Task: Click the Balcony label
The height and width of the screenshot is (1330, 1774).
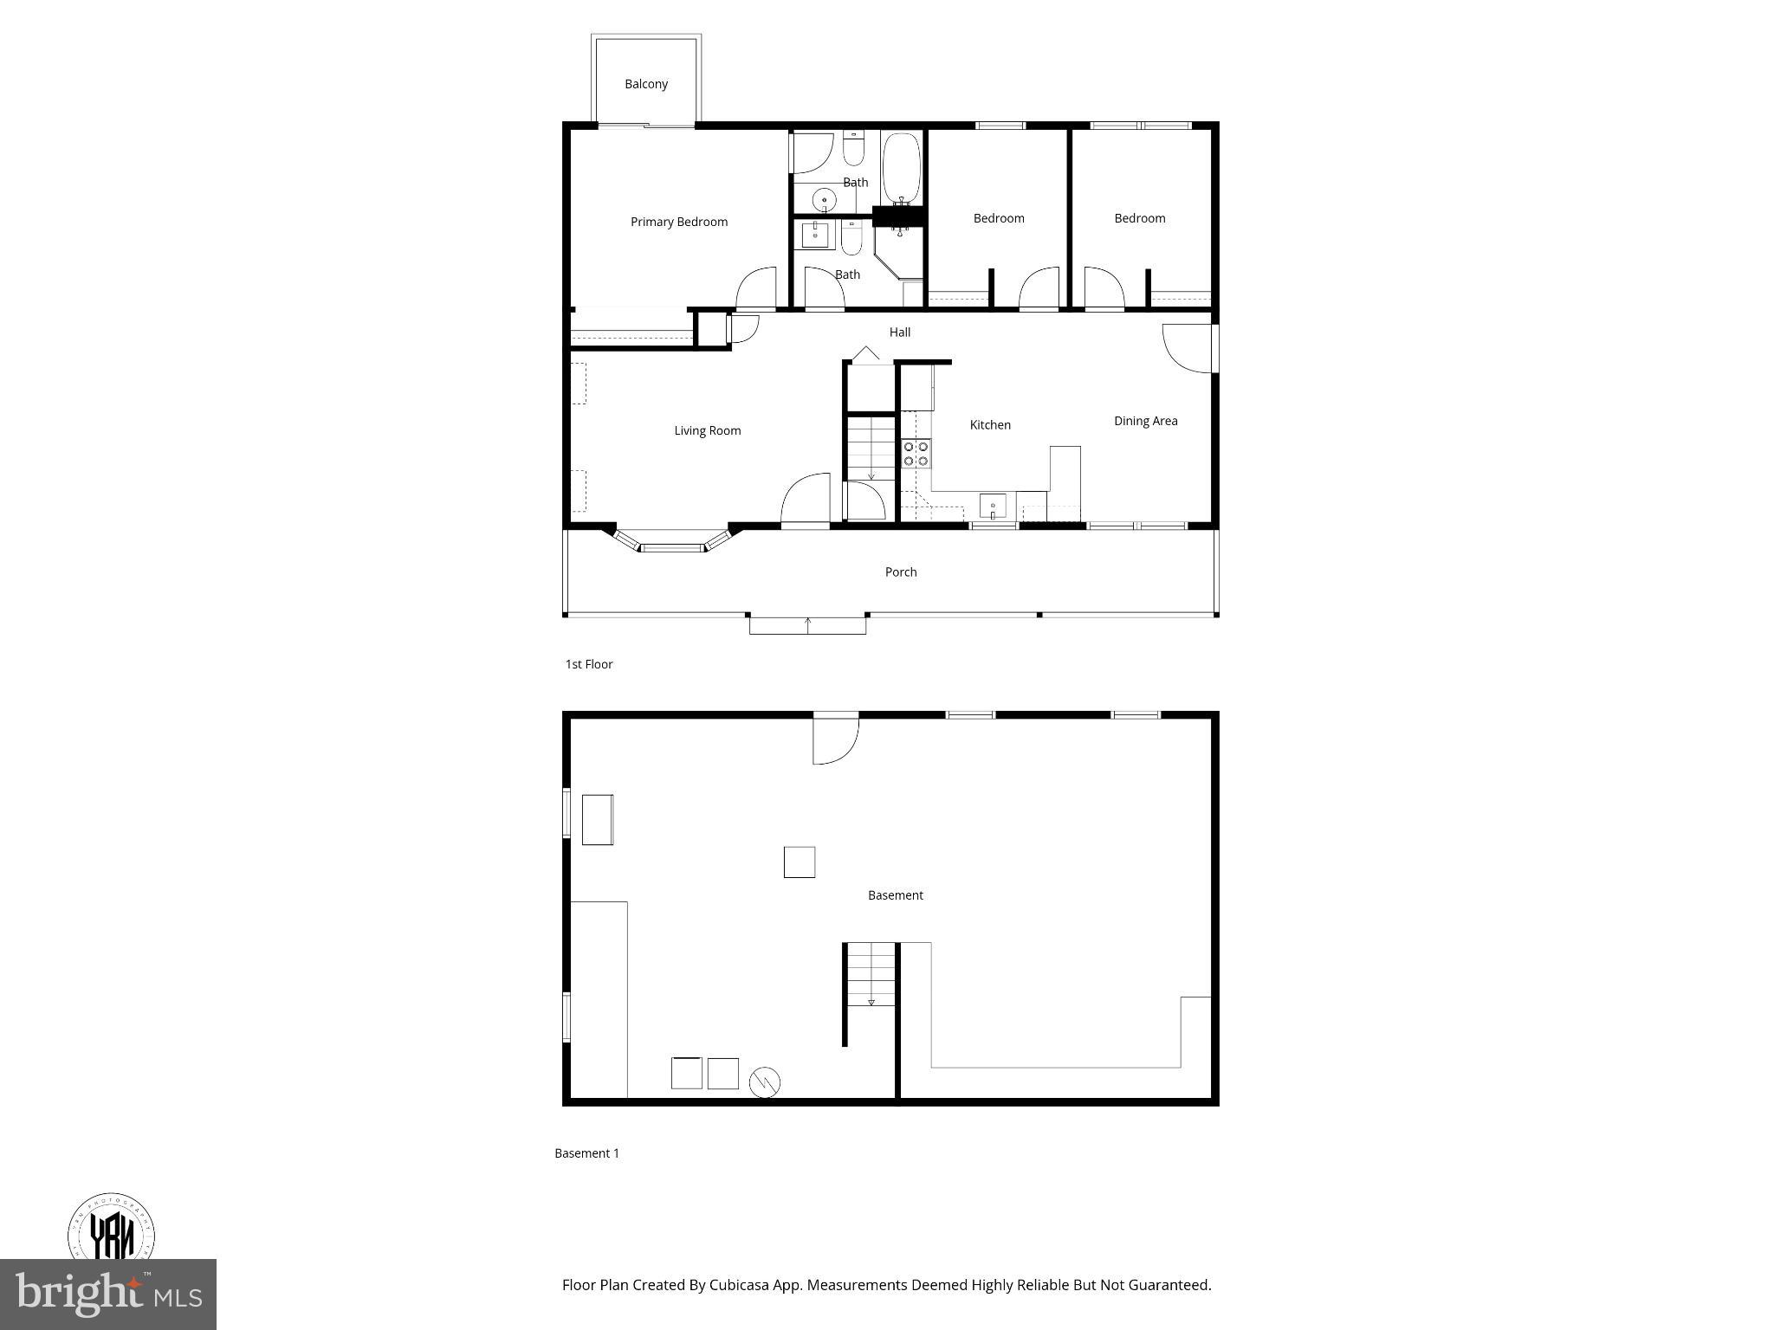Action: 646,84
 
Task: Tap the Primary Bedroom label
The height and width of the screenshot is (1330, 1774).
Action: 678,222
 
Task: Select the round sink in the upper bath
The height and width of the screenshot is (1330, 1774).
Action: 824,201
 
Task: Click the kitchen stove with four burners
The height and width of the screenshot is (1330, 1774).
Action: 916,454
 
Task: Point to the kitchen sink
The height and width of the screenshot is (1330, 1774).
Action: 993,506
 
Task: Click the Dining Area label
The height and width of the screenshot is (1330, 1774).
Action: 1145,421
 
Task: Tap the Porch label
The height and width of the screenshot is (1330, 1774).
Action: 900,571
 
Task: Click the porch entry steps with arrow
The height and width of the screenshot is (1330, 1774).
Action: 807,624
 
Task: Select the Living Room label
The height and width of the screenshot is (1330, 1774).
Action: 707,430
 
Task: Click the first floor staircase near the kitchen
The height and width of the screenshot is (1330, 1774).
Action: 871,449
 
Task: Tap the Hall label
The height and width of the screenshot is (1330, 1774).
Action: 899,332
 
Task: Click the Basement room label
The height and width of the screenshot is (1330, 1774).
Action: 895,895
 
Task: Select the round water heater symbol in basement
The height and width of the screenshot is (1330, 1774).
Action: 764,1081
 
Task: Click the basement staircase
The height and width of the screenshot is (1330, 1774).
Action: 871,974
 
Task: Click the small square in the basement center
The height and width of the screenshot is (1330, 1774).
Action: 799,862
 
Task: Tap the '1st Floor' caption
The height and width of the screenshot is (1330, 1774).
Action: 589,664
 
